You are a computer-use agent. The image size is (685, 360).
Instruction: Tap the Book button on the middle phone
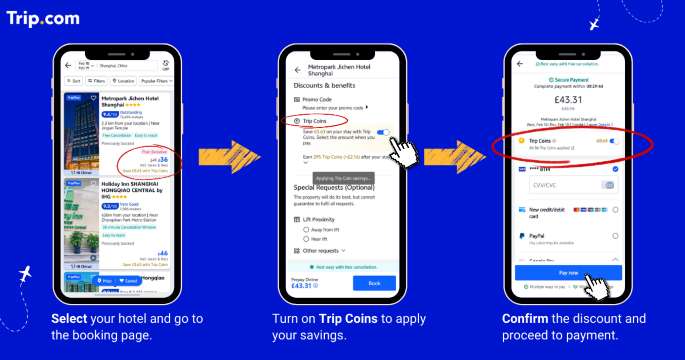374,283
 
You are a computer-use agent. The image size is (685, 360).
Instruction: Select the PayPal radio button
614,237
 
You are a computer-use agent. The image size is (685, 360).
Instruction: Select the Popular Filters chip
155,80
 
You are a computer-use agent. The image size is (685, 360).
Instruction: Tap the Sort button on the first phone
73,80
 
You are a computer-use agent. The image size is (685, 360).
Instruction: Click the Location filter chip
125,80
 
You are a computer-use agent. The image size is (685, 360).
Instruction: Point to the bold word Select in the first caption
71,319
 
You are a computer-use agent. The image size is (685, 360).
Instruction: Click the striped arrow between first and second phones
222,156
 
